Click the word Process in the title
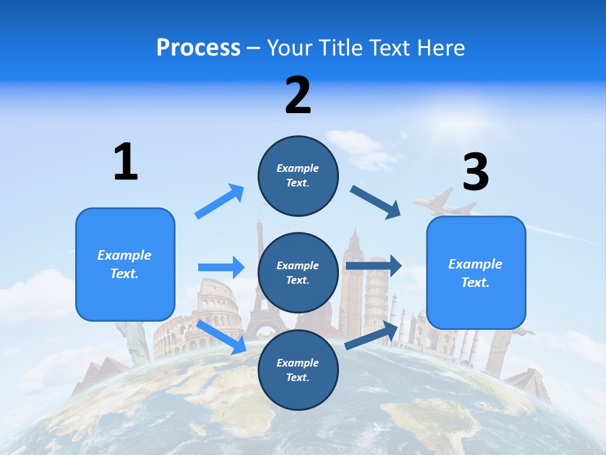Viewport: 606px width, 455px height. pos(198,47)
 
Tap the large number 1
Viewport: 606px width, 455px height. pos(126,162)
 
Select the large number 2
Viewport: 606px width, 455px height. pos(298,95)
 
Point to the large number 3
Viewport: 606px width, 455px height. pos(475,172)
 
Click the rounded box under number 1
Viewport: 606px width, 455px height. pos(125,264)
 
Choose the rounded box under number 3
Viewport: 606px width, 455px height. pos(476,272)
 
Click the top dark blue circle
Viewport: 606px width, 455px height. pos(298,176)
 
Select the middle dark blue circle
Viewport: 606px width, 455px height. pos(298,272)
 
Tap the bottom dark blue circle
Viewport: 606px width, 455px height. pos(298,370)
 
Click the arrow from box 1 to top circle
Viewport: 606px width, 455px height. pos(220,202)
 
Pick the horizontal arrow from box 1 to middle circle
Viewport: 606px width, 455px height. pos(221,267)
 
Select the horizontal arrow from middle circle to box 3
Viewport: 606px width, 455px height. pos(373,266)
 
